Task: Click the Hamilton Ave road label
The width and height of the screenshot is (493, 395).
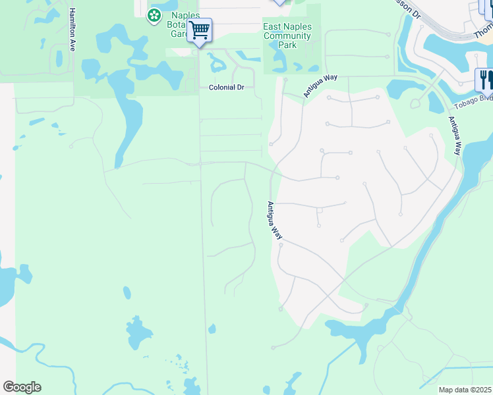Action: click(x=72, y=29)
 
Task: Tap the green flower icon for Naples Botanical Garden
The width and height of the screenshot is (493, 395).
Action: click(x=154, y=14)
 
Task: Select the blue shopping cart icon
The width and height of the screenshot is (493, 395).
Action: click(x=199, y=30)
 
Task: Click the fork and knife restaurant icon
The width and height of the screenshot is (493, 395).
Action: click(x=484, y=80)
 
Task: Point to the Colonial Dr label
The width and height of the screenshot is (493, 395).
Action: click(x=226, y=88)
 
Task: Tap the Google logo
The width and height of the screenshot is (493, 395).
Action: click(x=22, y=387)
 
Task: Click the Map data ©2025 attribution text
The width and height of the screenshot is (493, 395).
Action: click(x=465, y=390)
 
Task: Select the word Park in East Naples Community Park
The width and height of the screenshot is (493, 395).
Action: click(x=287, y=45)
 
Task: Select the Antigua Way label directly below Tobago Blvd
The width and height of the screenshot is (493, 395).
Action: click(x=454, y=136)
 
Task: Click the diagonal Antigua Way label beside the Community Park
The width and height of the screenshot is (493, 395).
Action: click(x=320, y=86)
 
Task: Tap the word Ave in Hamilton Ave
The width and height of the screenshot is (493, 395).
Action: click(x=72, y=45)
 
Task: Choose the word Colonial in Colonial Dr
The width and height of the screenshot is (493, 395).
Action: click(x=221, y=88)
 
